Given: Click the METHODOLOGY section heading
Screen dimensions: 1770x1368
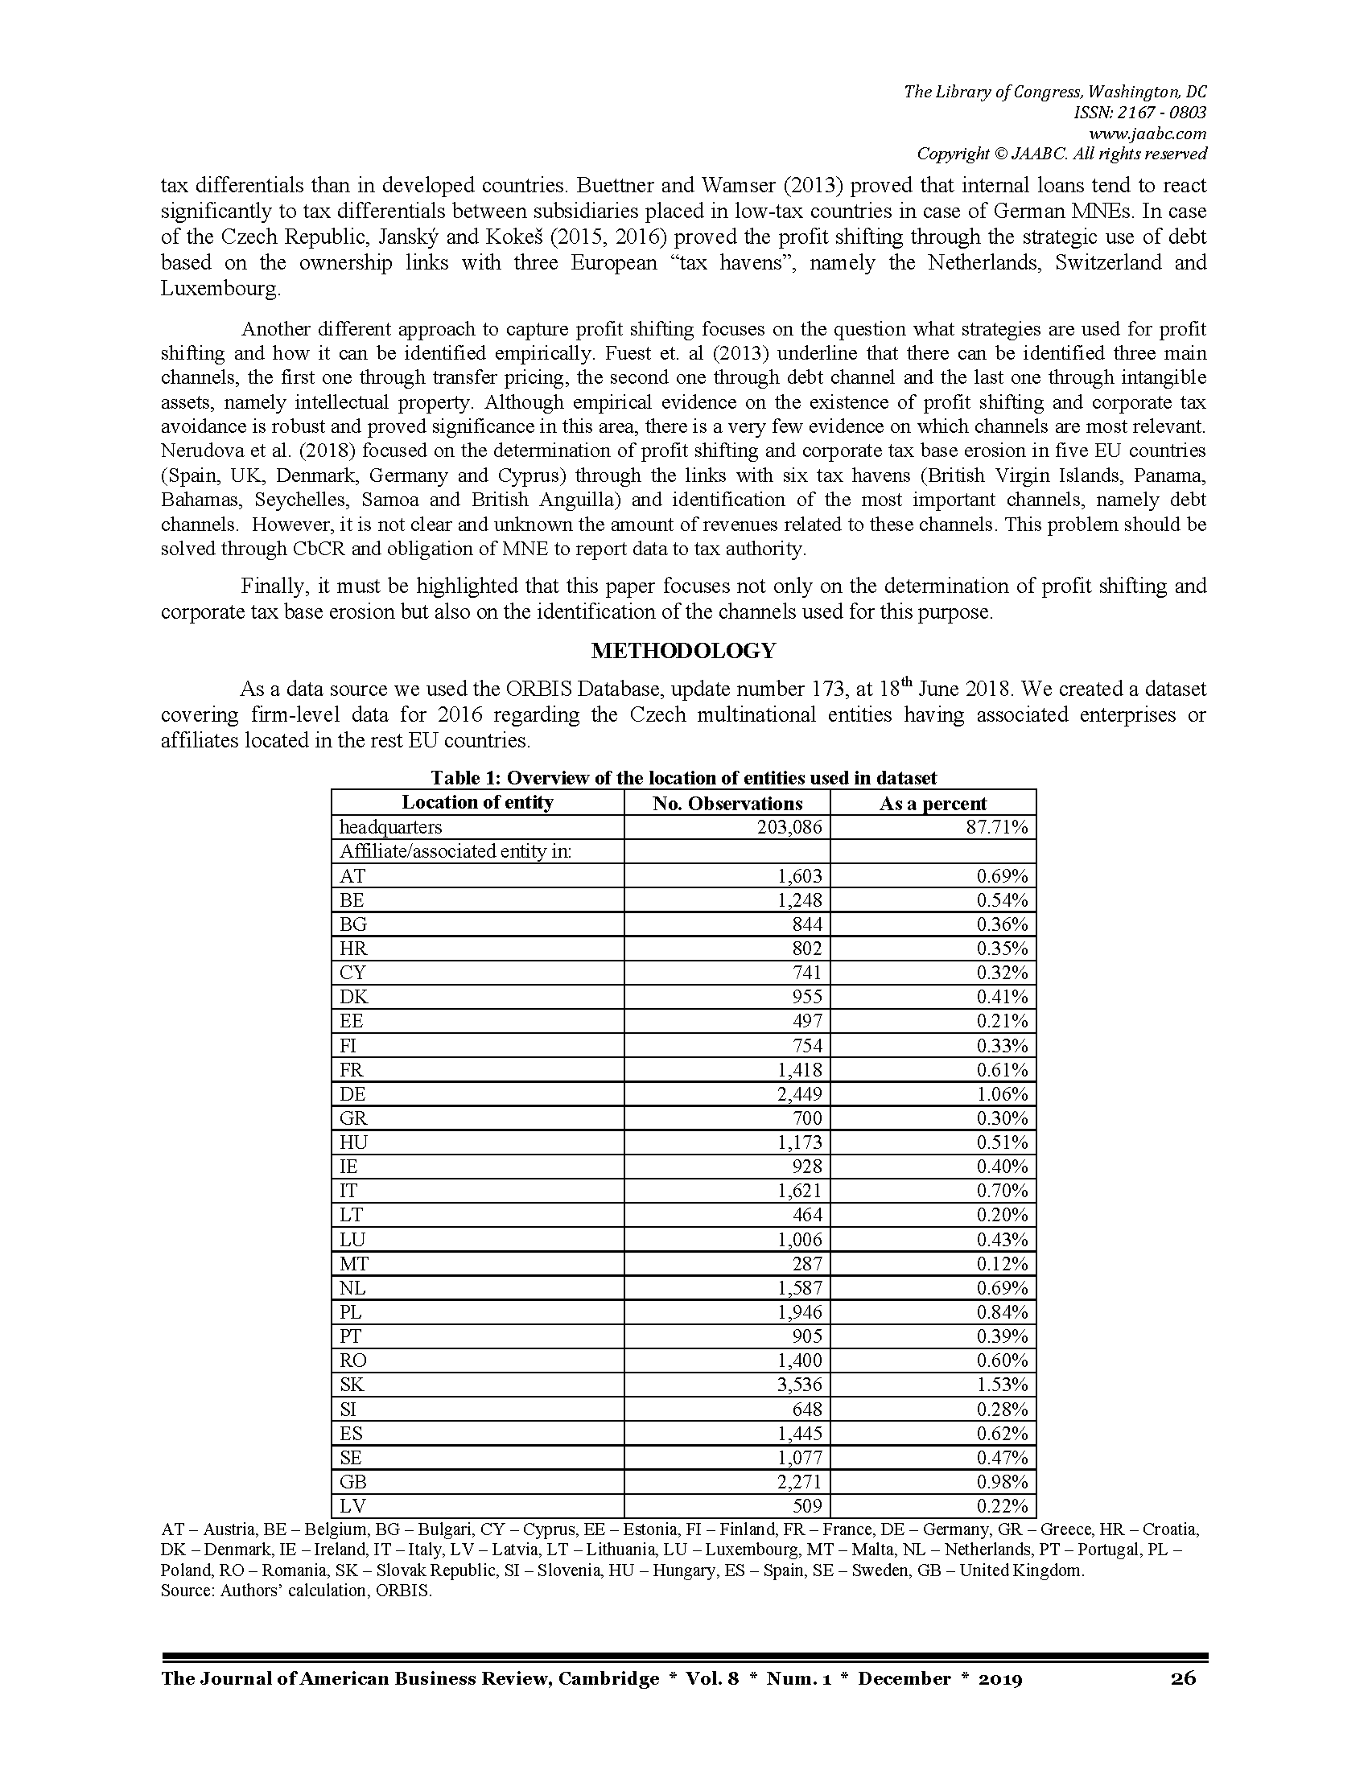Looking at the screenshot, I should pyautogui.click(x=683, y=651).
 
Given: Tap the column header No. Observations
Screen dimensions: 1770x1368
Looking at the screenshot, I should pyautogui.click(x=727, y=803).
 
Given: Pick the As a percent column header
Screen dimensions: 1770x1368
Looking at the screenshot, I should pyautogui.click(x=933, y=803).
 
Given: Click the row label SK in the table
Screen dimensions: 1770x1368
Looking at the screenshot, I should pyautogui.click(x=352, y=1385).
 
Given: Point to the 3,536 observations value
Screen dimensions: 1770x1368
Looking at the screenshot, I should pyautogui.click(x=799, y=1385).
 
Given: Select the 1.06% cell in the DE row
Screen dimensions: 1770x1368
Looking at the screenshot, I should pyautogui.click(x=1002, y=1094).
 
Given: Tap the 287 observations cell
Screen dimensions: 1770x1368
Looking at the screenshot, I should pyautogui.click(x=807, y=1263).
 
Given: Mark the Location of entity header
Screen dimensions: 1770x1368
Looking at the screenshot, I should pyautogui.click(x=477, y=802).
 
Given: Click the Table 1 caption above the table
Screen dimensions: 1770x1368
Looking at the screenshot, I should pyautogui.click(x=683, y=778).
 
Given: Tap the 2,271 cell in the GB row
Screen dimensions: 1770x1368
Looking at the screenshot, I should pyautogui.click(x=799, y=1482).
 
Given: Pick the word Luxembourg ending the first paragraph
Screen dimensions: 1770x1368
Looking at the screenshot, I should pyautogui.click(x=220, y=289).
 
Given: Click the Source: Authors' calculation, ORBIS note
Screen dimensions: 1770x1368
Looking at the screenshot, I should pyautogui.click(x=296, y=1590).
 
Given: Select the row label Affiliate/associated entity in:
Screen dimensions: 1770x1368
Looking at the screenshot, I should pyautogui.click(x=455, y=851).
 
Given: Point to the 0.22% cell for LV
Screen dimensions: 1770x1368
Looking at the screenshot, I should pyautogui.click(x=1002, y=1506).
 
